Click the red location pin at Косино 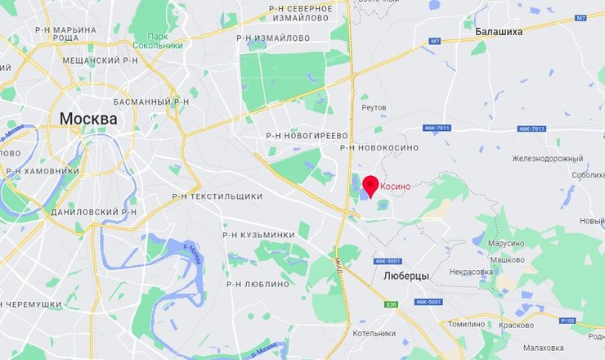click(370, 186)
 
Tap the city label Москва click(87, 119)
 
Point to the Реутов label click(374, 107)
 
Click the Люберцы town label click(406, 277)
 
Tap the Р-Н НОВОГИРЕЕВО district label click(307, 135)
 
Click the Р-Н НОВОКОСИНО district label click(379, 147)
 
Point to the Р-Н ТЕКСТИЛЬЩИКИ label click(217, 196)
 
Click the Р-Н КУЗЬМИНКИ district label click(258, 235)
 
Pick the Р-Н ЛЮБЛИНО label click(256, 284)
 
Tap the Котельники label click(374, 334)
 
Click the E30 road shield click(392, 304)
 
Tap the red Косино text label click(395, 187)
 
